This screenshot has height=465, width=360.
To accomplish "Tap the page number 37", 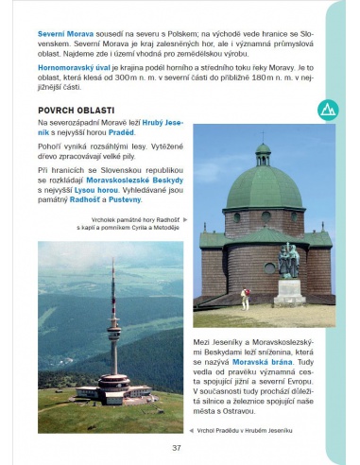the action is tap(176, 447).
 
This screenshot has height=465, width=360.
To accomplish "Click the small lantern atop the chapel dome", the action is tap(263, 151).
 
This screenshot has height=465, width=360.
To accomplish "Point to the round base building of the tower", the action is tap(112, 385).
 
